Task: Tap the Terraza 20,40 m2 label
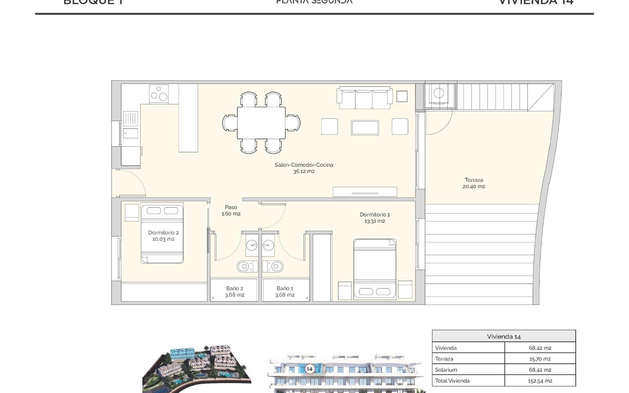474,183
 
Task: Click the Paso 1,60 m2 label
231,210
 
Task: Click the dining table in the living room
261,123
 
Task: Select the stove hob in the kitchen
159,94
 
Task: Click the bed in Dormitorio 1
375,269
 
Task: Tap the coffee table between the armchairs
365,127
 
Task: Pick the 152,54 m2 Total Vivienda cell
540,381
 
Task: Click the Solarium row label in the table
446,370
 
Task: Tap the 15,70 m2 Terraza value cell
540,359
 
